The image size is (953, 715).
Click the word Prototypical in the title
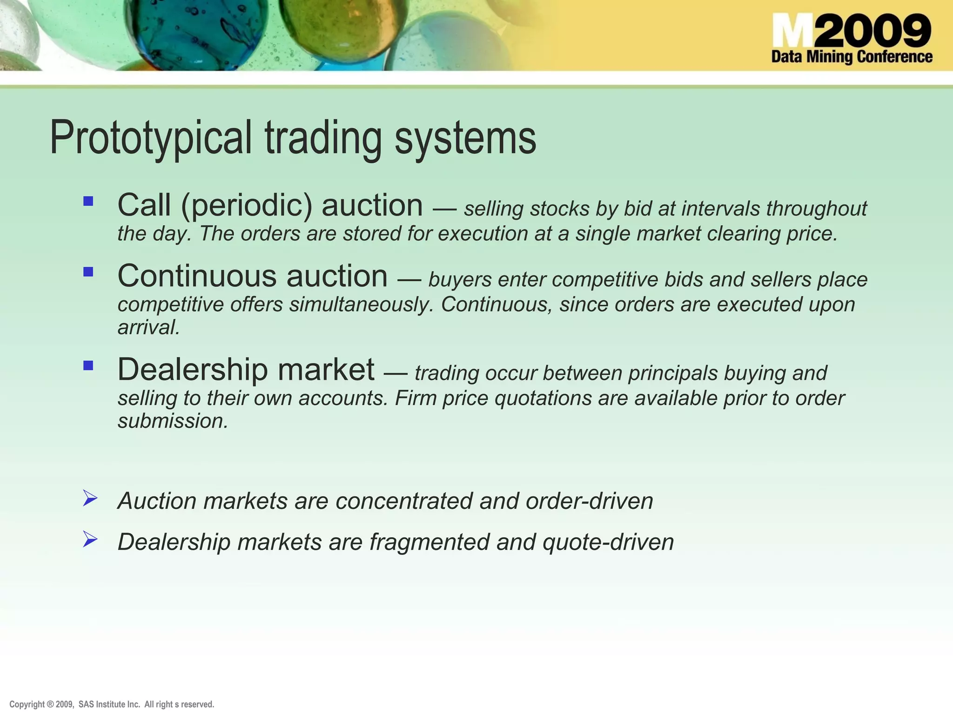(151, 138)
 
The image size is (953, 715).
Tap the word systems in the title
(465, 138)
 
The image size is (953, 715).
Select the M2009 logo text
(852, 31)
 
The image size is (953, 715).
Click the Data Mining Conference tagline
(852, 57)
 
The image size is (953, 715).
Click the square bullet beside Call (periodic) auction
(88, 201)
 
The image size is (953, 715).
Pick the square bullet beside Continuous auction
(88, 272)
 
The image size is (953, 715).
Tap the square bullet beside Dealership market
(88, 365)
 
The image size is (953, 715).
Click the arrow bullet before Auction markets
(90, 498)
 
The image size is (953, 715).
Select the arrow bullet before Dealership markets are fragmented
(90, 540)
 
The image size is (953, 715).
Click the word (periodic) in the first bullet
(247, 206)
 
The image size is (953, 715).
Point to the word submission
(172, 421)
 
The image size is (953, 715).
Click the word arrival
(148, 328)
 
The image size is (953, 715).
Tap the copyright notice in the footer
(112, 704)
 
